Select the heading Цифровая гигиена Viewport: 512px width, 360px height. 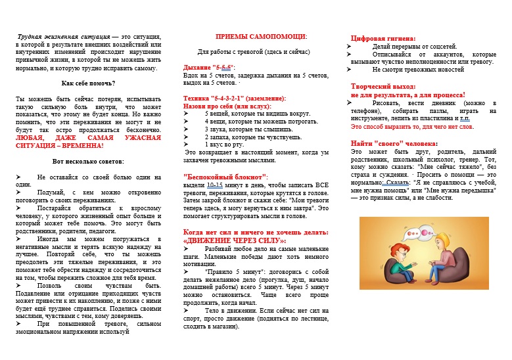[x=383, y=39]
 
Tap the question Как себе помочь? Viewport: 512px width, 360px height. [x=88, y=83]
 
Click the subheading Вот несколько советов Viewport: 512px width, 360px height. [x=88, y=161]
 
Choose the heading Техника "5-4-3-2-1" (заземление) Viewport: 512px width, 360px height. [x=234, y=98]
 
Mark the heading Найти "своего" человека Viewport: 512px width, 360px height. [x=394, y=143]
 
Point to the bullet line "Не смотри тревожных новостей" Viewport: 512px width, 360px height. [x=413, y=69]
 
